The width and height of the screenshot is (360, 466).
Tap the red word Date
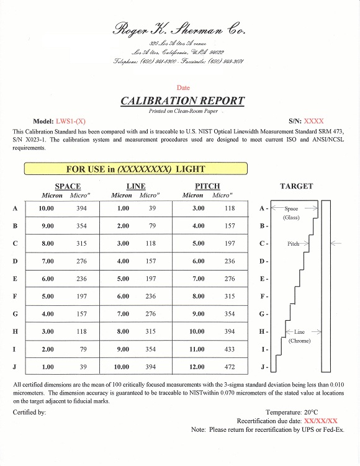pyautogui.click(x=183, y=88)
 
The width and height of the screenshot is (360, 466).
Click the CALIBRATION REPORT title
pyautogui.click(x=182, y=101)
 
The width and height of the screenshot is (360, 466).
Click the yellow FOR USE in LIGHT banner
pyautogui.click(x=135, y=168)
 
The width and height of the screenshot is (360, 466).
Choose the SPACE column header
pyautogui.click(x=68, y=186)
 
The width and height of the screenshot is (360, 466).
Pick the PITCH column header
pyautogui.click(x=207, y=186)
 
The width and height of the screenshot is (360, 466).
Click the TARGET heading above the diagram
pyautogui.click(x=297, y=186)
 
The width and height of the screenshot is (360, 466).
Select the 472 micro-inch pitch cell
pyautogui.click(x=230, y=367)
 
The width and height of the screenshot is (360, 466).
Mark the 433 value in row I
pyautogui.click(x=230, y=349)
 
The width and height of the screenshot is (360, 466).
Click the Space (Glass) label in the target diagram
pyautogui.click(x=291, y=213)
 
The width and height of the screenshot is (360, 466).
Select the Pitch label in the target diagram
pyautogui.click(x=293, y=244)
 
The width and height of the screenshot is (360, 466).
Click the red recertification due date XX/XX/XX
pyautogui.click(x=321, y=420)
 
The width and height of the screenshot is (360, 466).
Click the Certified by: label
pyautogui.click(x=29, y=411)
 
